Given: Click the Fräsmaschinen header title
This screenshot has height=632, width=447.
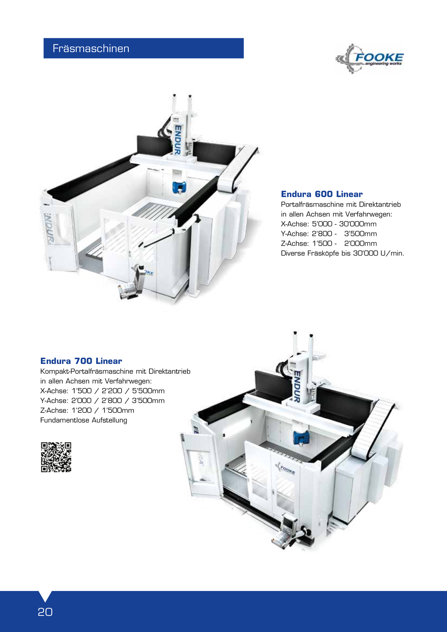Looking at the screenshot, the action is click(x=91, y=48).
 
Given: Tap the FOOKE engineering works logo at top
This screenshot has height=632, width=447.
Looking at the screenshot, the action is click(x=370, y=59).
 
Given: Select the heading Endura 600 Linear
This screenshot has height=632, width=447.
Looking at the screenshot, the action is click(x=322, y=194).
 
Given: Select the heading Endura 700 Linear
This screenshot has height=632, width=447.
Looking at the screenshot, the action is click(x=81, y=361).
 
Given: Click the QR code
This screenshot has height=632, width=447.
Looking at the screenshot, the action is click(x=56, y=457).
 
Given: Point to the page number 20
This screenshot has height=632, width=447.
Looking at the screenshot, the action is click(x=45, y=612).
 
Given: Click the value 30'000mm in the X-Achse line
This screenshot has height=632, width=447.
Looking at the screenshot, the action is click(x=358, y=224).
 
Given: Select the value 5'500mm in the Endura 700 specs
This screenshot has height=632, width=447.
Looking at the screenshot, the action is click(x=148, y=391).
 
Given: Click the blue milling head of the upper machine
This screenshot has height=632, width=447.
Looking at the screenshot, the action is click(x=179, y=187).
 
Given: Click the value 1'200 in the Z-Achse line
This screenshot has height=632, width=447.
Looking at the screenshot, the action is click(x=82, y=410).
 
